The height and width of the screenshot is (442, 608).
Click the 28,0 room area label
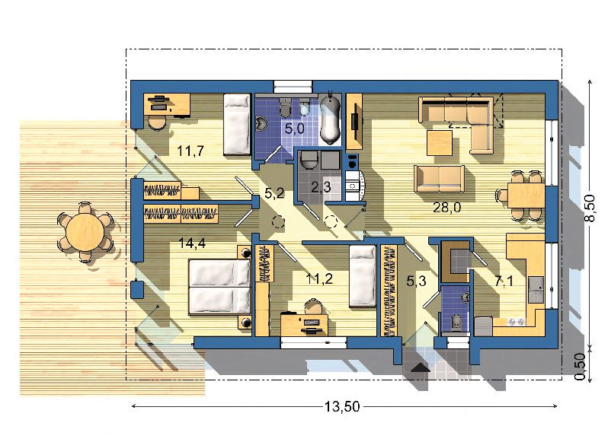446,208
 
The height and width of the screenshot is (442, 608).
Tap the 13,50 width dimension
342,407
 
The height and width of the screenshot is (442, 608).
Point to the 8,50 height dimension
590,208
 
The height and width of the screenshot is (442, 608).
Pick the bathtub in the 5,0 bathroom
331,119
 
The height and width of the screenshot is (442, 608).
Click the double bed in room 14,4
219,287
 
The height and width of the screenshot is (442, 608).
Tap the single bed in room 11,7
237,125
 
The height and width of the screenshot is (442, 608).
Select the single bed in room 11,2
363,276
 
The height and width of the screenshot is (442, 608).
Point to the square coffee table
440,143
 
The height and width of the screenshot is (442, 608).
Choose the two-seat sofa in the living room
439,179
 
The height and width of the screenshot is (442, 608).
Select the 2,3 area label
321,187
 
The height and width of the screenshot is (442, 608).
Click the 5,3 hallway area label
416,281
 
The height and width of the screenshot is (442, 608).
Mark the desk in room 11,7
167,104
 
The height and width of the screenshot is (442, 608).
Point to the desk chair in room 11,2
314,307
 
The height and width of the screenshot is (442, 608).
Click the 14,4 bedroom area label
191,243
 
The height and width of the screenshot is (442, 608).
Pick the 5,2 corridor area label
274,192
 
